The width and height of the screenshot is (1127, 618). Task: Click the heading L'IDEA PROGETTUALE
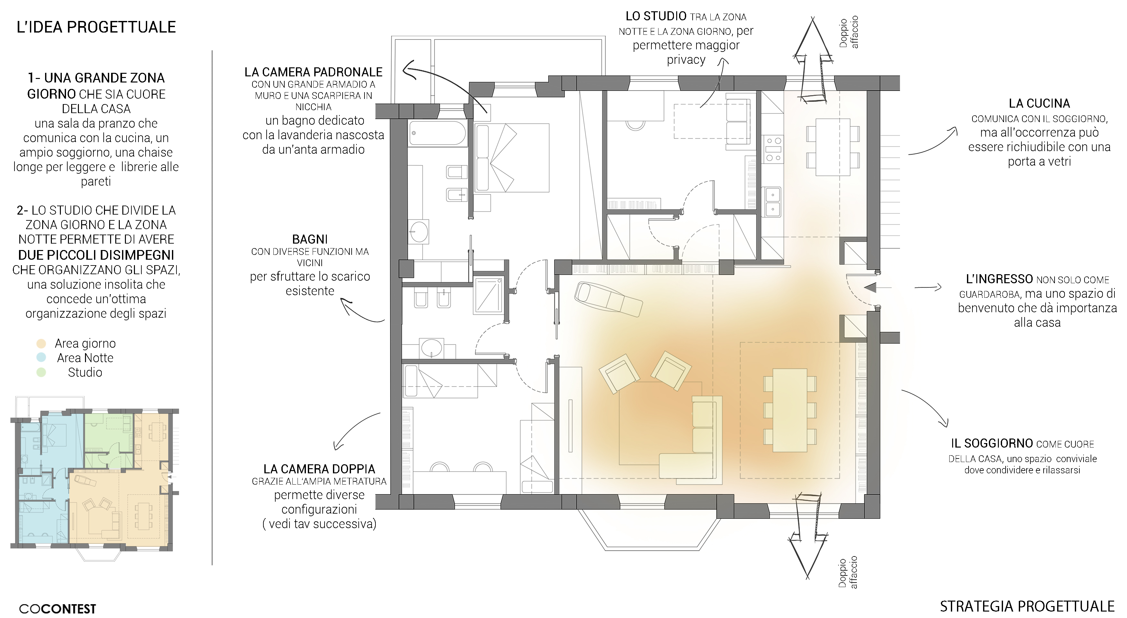tap(96, 27)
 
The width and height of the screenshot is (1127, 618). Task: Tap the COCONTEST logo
tap(57, 609)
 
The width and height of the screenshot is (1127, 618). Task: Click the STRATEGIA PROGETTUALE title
tap(1027, 606)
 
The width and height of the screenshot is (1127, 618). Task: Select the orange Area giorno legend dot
tap(41, 343)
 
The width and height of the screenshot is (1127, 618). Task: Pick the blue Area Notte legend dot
tap(41, 358)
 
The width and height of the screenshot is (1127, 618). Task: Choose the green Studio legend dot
tap(41, 372)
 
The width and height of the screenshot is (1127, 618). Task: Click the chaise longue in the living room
tap(609, 299)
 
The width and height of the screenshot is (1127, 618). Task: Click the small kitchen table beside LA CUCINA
tap(833, 147)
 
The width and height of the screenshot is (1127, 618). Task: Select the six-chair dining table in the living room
tap(790, 410)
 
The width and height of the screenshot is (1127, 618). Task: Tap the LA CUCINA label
tap(1039, 104)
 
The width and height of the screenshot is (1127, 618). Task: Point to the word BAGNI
tap(310, 239)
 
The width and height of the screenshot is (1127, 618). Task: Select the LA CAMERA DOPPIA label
tap(319, 469)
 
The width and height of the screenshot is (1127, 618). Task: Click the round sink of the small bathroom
tap(432, 348)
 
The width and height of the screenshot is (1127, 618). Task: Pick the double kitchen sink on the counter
tap(773, 202)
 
